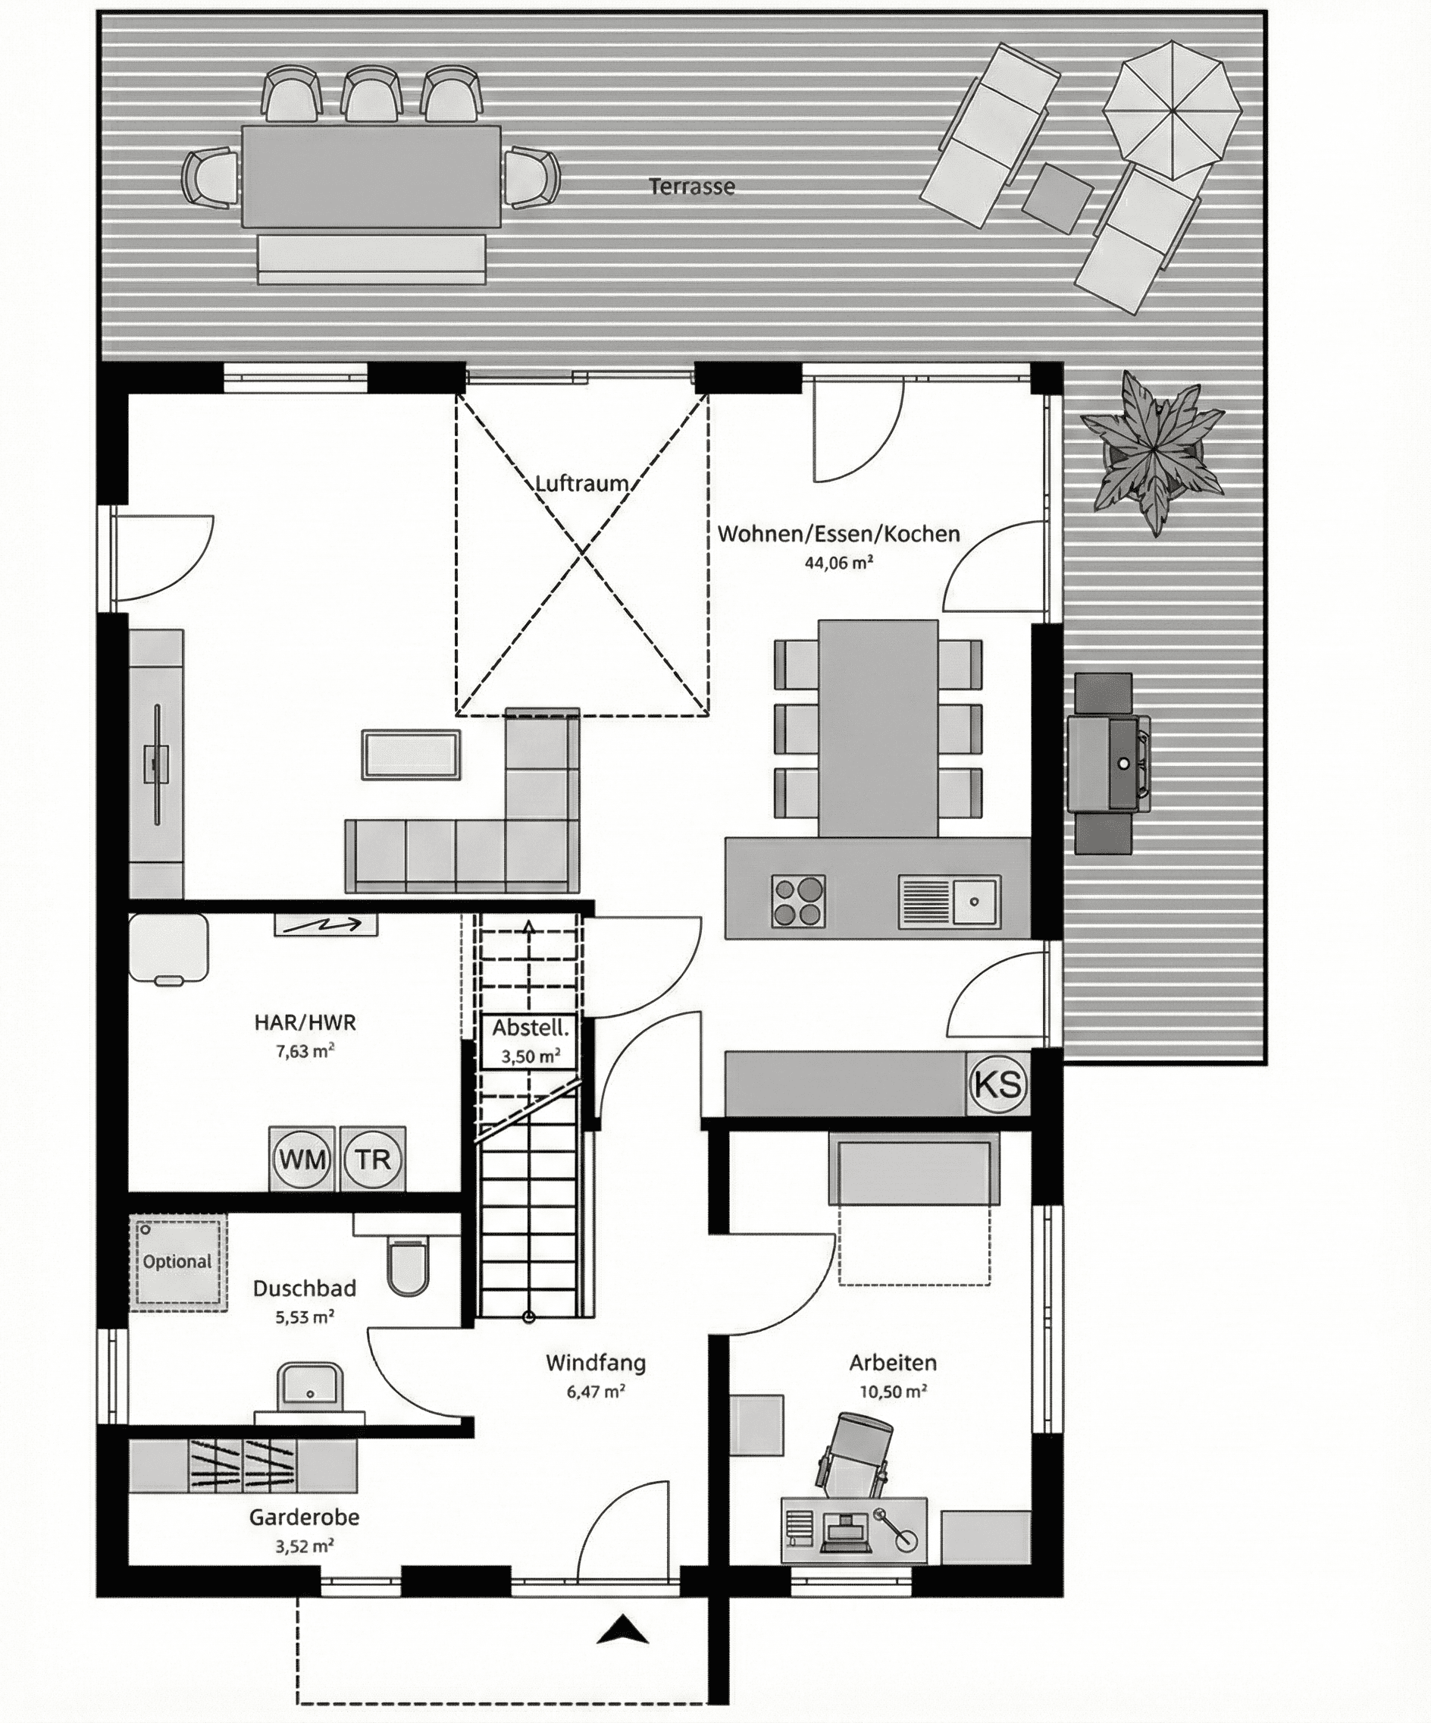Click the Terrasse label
click(x=691, y=187)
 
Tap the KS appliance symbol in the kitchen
click(x=998, y=1084)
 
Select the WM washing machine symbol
click(x=302, y=1160)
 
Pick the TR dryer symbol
click(x=373, y=1160)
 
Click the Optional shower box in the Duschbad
click(x=178, y=1262)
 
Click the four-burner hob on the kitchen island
click(x=798, y=901)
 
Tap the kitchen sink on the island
click(x=950, y=902)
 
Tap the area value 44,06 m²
click(x=838, y=563)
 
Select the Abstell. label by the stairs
click(x=530, y=1028)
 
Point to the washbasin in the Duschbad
click(x=310, y=1386)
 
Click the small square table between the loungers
click(x=1058, y=198)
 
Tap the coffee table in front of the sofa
click(x=411, y=754)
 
